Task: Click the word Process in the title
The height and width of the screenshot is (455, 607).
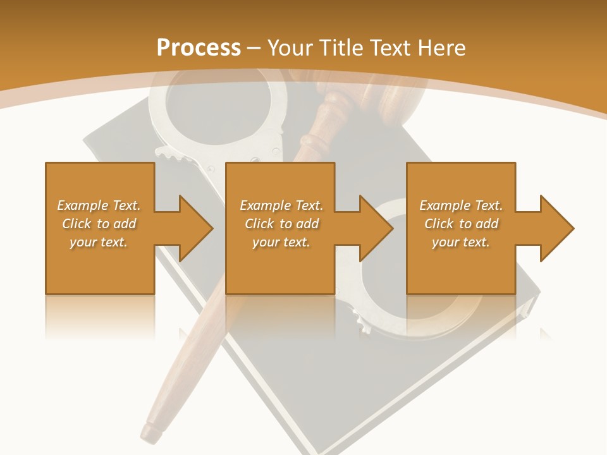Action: coord(199,48)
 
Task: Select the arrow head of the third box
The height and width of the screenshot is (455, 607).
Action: coord(556,228)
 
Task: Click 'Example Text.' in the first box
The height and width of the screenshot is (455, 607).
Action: coord(99,205)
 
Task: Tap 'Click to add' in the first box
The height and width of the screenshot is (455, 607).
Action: coord(99,224)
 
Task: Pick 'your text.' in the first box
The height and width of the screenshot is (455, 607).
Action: coord(99,242)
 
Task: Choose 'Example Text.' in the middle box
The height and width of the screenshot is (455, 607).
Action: coord(281,205)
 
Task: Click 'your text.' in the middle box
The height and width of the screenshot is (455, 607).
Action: coord(281,242)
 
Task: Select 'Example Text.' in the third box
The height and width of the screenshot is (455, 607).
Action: coord(461,205)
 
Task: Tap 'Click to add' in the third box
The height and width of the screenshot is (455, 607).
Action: coord(461,224)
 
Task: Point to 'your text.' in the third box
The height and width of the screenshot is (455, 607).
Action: coord(461,242)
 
